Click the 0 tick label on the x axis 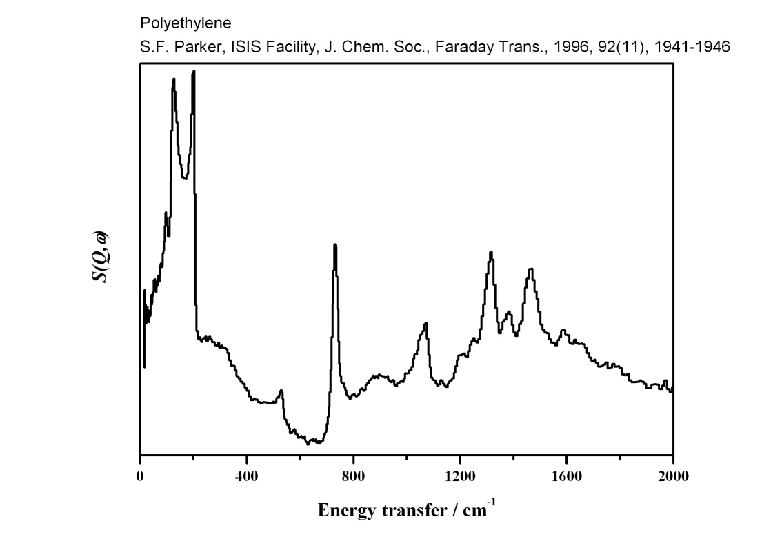point(140,476)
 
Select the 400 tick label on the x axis point(246,476)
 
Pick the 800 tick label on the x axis point(353,476)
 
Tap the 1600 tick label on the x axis point(566,476)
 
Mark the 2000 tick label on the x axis point(673,476)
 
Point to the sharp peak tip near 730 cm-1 point(334,245)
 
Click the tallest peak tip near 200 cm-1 point(194,71)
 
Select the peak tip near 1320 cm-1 point(491,252)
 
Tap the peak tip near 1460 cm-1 point(530,269)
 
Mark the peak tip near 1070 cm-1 point(426,323)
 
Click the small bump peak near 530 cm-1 point(281,390)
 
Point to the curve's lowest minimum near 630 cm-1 point(308,444)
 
